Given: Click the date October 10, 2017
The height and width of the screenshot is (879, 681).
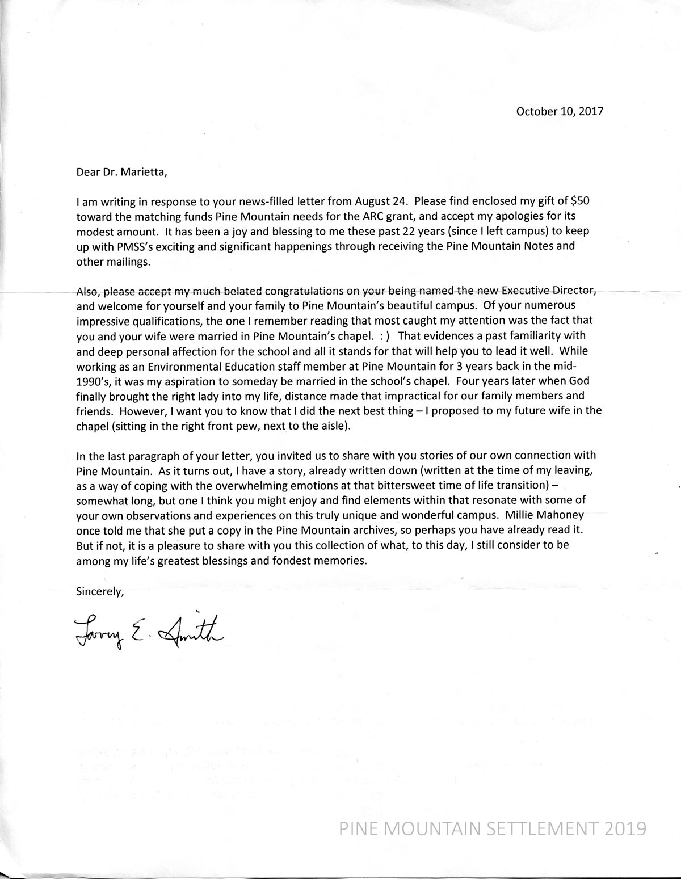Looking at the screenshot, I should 559,111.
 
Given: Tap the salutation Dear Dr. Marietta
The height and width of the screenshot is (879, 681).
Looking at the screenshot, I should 122,172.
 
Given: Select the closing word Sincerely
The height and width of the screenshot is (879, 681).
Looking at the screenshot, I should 99,591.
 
